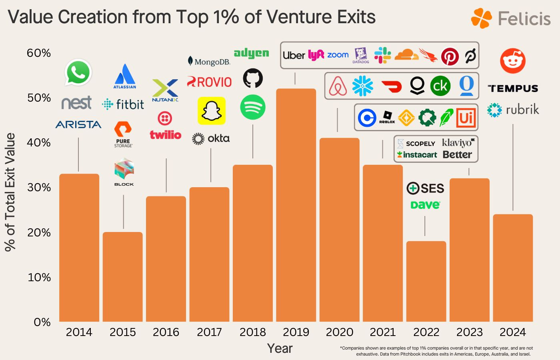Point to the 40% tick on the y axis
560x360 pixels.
click(x=39, y=143)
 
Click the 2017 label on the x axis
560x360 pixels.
click(x=209, y=332)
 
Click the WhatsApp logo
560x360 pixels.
click(x=78, y=72)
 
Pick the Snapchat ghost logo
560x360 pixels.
click(x=211, y=111)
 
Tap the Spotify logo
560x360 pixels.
click(x=253, y=107)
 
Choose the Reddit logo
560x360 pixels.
click(x=513, y=61)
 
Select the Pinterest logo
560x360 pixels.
click(x=450, y=56)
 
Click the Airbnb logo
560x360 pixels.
click(x=338, y=86)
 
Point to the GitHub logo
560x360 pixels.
click(x=253, y=78)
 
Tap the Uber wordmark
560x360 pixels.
click(x=294, y=55)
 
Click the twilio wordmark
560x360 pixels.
click(x=166, y=135)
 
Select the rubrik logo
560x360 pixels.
click(x=513, y=110)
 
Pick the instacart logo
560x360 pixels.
click(x=417, y=154)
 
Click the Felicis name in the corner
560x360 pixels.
click(x=524, y=18)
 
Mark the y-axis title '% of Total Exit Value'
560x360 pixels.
click(x=10, y=192)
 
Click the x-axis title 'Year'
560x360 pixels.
click(x=280, y=348)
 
